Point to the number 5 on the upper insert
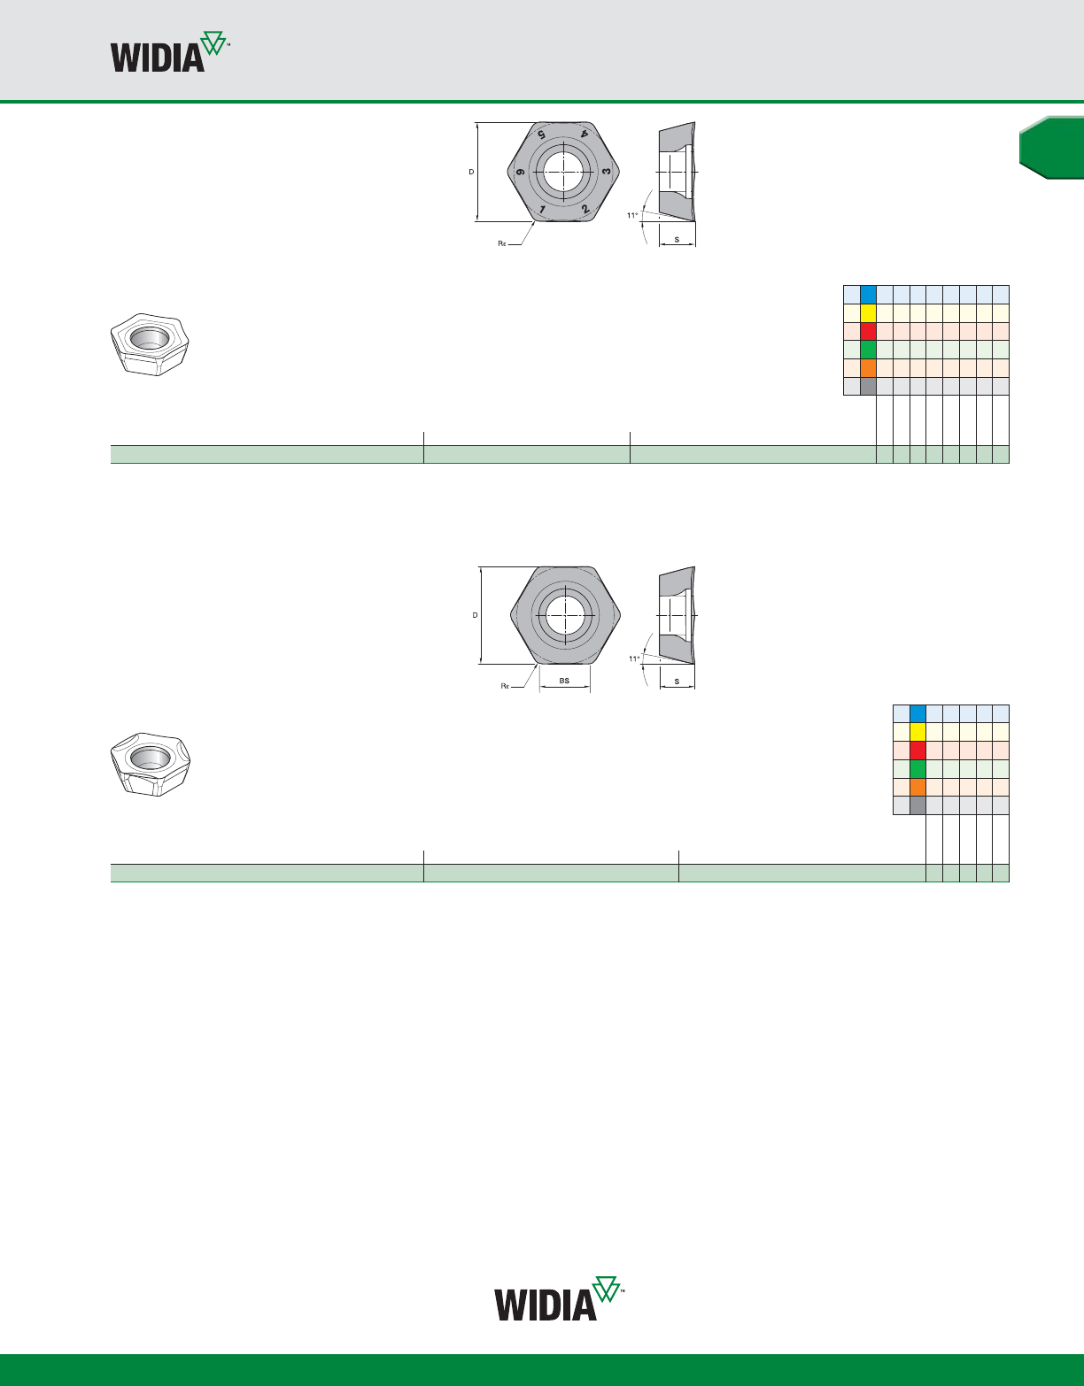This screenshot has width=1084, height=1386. (x=539, y=134)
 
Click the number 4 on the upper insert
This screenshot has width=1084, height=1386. (x=584, y=134)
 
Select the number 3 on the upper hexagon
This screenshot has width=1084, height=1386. (x=606, y=170)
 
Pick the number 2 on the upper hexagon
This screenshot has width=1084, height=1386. (x=585, y=210)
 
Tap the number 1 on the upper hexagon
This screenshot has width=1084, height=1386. (x=543, y=210)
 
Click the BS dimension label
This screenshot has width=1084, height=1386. (x=564, y=681)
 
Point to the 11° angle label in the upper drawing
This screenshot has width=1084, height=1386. (x=632, y=215)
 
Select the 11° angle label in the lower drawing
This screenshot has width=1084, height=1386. (x=634, y=658)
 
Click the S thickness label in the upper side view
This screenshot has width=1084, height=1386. (x=677, y=240)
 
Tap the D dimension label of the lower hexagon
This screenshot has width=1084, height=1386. (x=475, y=615)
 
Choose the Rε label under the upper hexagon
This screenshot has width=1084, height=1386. (x=501, y=243)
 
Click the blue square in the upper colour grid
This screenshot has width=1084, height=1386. (x=868, y=295)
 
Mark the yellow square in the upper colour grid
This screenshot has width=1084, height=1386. (x=868, y=313)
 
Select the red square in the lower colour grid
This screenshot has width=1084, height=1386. (x=918, y=751)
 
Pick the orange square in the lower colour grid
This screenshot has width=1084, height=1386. (x=918, y=787)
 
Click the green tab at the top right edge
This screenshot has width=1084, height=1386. (x=1052, y=148)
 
